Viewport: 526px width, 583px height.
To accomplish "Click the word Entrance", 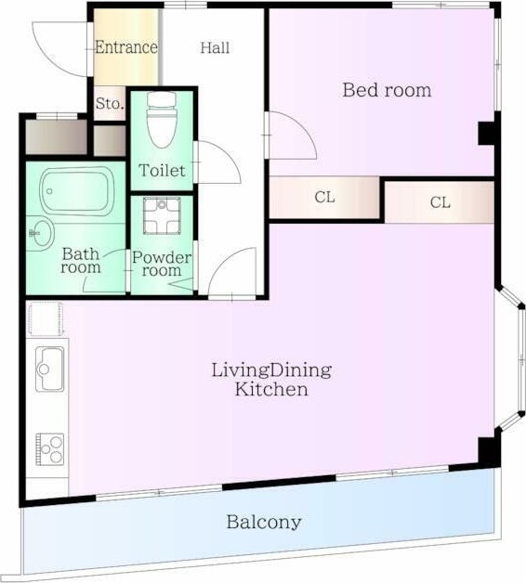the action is [x=126, y=47].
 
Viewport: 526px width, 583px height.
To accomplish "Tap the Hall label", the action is [x=215, y=47].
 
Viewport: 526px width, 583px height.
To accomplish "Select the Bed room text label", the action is [x=388, y=90].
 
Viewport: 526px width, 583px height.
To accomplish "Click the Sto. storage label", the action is [x=110, y=103].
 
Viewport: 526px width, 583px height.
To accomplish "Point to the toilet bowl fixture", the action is [x=161, y=119].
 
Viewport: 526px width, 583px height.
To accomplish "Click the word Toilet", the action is [x=162, y=171].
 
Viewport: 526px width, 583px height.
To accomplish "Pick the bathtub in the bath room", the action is [x=77, y=191].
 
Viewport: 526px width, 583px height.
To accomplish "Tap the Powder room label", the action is [x=162, y=264].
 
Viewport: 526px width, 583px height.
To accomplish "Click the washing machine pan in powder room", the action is [x=162, y=215].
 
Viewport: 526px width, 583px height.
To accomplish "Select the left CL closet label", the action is [x=324, y=197].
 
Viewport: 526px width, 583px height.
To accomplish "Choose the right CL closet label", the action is [x=440, y=202].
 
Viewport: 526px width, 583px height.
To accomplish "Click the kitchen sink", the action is [x=50, y=369].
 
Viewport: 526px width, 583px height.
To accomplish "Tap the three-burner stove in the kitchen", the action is [x=50, y=449].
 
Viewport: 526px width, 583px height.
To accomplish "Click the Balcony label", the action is [x=264, y=522].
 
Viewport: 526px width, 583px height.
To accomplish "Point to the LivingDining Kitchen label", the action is [x=271, y=380].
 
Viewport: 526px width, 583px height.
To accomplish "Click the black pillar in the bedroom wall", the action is [x=486, y=134].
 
